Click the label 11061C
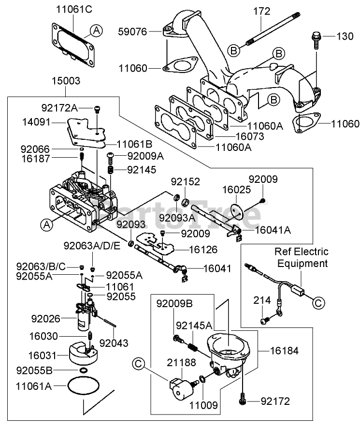click(x=73, y=9)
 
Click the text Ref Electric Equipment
click(x=302, y=257)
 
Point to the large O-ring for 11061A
click(x=83, y=386)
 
